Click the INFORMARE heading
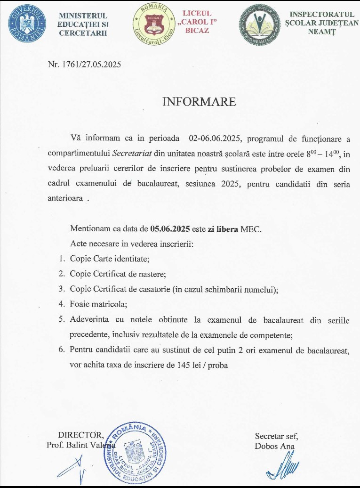[199, 102]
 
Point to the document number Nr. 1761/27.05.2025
[84, 65]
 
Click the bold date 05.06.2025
[170, 229]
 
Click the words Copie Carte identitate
[109, 259]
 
